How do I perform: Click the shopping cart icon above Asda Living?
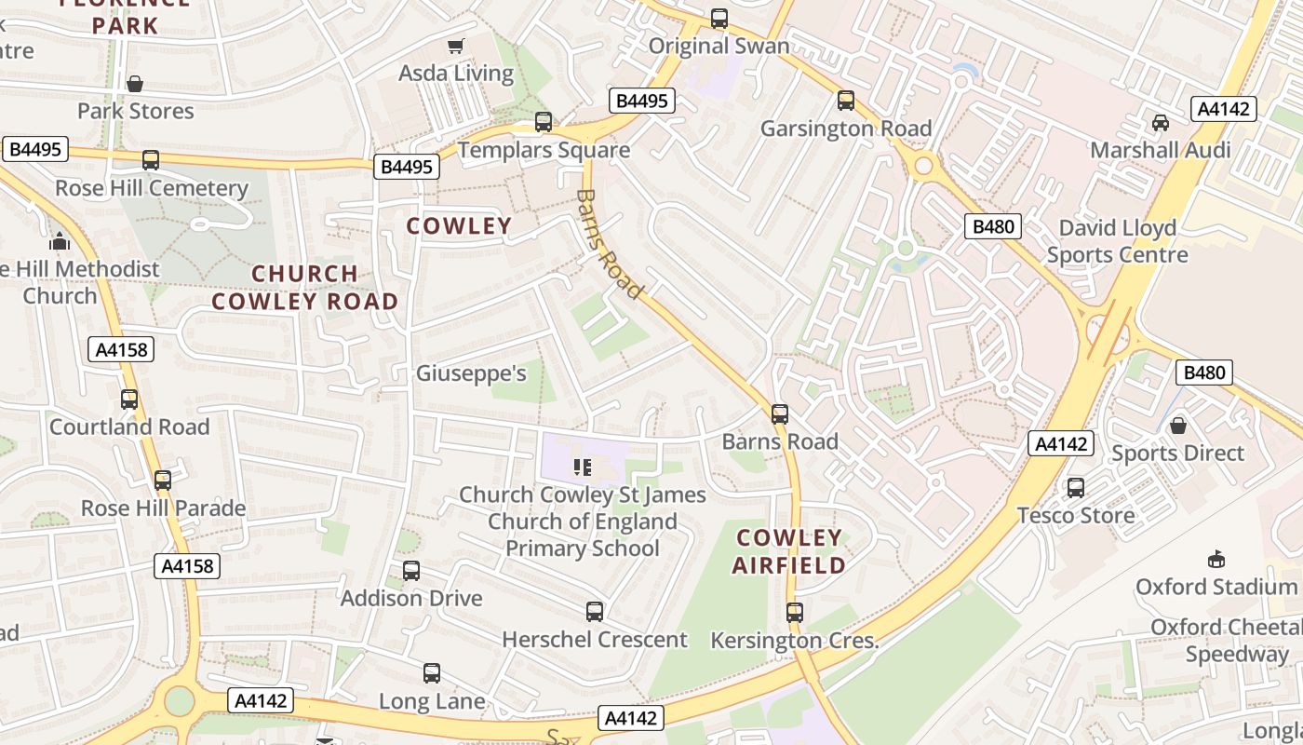pyautogui.click(x=456, y=46)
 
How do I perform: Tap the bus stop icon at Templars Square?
pyautogui.click(x=544, y=122)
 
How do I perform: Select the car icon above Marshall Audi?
pyautogui.click(x=1161, y=123)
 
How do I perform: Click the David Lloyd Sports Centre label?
pyautogui.click(x=1117, y=241)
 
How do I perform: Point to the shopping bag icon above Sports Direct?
pyautogui.click(x=1178, y=426)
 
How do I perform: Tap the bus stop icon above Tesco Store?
pyautogui.click(x=1076, y=487)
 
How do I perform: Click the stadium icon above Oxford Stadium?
pyautogui.click(x=1216, y=559)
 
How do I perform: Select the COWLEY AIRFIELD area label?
pyautogui.click(x=789, y=551)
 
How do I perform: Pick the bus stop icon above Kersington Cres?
pyautogui.click(x=794, y=613)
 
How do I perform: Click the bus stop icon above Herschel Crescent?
pyautogui.click(x=595, y=612)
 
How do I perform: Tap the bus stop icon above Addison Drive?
pyautogui.click(x=411, y=571)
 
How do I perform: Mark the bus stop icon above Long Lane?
pyautogui.click(x=432, y=673)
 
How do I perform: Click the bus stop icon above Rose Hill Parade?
pyautogui.click(x=163, y=481)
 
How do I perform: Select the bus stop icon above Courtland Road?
pyautogui.click(x=129, y=400)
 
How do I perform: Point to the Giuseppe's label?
pyautogui.click(x=471, y=374)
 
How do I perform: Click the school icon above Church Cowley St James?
pyautogui.click(x=583, y=467)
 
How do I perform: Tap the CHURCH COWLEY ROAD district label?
pyautogui.click(x=305, y=288)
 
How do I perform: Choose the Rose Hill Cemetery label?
pyautogui.click(x=152, y=188)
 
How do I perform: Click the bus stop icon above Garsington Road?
pyautogui.click(x=846, y=101)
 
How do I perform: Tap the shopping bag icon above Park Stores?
pyautogui.click(x=135, y=84)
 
